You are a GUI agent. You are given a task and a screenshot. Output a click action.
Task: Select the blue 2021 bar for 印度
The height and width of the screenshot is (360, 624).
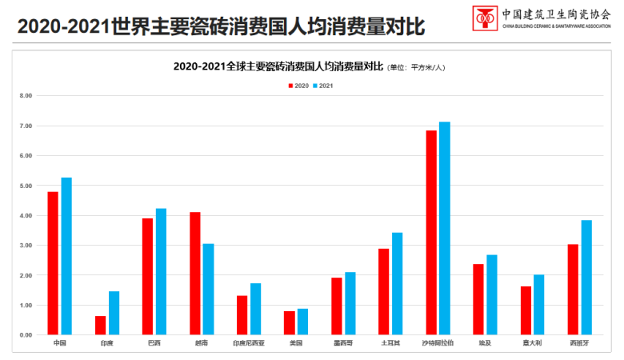(114, 313)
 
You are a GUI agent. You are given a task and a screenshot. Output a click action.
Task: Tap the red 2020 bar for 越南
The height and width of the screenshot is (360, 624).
(194, 273)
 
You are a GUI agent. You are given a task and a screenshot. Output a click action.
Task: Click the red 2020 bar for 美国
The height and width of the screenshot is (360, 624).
(289, 322)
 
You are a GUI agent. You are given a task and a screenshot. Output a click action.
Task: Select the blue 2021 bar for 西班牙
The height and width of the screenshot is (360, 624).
(586, 277)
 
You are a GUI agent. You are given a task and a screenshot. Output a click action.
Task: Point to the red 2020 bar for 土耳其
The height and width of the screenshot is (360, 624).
(383, 291)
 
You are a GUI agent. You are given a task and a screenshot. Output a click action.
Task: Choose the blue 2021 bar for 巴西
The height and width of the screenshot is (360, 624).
(161, 271)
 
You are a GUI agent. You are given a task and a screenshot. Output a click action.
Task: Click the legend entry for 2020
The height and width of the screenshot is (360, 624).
(298, 85)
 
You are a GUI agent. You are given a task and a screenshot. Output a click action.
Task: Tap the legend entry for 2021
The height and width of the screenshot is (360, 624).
(323, 85)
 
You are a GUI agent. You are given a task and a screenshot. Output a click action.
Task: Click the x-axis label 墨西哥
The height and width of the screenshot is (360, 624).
(342, 343)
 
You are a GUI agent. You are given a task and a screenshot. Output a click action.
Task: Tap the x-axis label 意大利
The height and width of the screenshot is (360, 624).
(532, 343)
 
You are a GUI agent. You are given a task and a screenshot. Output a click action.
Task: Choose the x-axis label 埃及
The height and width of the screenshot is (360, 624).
(485, 343)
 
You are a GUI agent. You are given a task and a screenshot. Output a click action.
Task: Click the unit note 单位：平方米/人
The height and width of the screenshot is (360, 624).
(416, 68)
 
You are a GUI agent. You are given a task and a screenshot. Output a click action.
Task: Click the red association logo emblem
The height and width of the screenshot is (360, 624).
(483, 16)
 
